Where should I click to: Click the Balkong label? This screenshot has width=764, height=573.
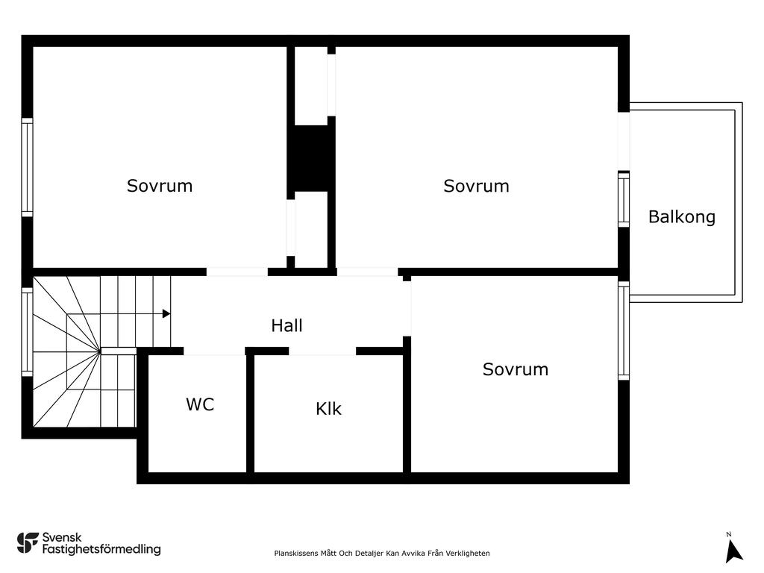682,217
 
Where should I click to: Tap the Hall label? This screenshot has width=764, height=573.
286,325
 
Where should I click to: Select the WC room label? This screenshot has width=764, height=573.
200,404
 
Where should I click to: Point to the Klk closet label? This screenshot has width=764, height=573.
328,408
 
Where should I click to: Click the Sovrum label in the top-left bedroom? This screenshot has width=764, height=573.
160,186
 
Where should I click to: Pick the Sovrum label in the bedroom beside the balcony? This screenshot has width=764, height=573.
476,186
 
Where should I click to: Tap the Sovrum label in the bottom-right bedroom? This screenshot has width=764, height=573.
516,369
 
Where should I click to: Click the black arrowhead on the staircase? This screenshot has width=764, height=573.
166,314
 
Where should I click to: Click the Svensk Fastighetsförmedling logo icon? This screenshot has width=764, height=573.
28,543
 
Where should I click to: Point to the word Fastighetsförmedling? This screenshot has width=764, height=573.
101,549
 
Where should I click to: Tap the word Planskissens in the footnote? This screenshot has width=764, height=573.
297,554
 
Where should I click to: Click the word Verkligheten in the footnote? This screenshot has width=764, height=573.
467,553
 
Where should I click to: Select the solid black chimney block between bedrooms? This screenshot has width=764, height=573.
311,158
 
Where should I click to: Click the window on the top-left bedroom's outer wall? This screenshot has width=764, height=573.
28,167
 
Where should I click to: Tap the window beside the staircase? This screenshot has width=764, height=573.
28,332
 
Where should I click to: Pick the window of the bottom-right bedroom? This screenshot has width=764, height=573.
624,331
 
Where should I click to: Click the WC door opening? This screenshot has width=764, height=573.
214,351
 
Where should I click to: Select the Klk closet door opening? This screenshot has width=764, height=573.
322,351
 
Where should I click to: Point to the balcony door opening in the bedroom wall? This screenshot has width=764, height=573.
624,141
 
